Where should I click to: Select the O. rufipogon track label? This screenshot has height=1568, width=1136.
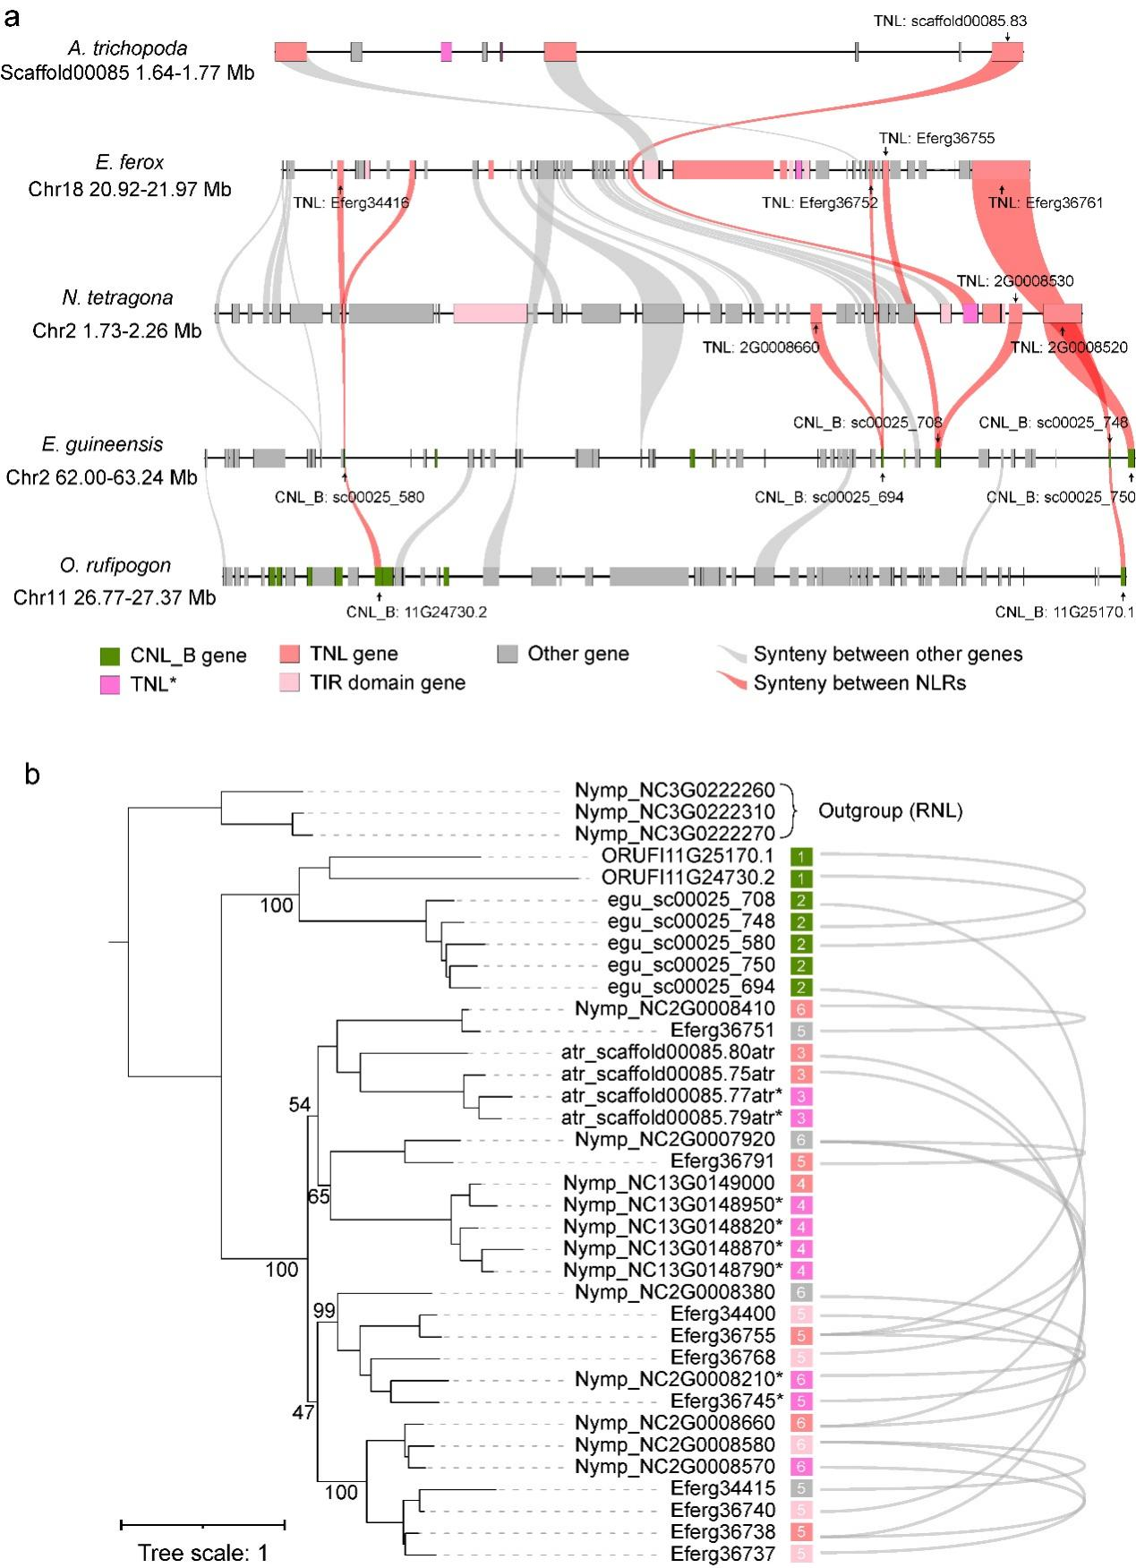pyautogui.click(x=116, y=566)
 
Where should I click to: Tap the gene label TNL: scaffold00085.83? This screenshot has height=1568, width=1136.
pyautogui.click(x=950, y=21)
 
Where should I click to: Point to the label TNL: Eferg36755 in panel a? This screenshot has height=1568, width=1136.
pyautogui.click(x=936, y=139)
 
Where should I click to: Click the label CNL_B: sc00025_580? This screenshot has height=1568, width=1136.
pyautogui.click(x=349, y=497)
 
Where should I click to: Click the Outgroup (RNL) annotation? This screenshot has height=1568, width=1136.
pyautogui.click(x=891, y=812)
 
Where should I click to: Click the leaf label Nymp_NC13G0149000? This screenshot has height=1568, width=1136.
pyautogui.click(x=669, y=1183)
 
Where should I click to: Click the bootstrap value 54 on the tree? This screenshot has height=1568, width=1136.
pyautogui.click(x=299, y=1105)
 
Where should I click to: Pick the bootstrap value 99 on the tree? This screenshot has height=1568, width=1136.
pyautogui.click(x=323, y=1311)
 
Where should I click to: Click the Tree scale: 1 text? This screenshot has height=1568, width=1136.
pyautogui.click(x=202, y=1553)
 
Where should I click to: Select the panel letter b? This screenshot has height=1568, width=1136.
pyautogui.click(x=32, y=775)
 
